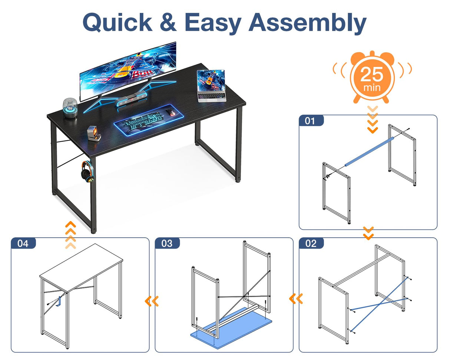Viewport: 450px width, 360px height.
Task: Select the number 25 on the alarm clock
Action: tap(372, 74)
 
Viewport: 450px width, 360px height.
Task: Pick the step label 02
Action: tap(311, 243)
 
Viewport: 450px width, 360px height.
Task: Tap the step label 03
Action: tap(167, 243)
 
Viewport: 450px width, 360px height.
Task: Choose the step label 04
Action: tap(23, 243)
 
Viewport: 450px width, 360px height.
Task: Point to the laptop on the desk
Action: tap(212, 86)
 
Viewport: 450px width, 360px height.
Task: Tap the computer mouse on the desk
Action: tap(171, 112)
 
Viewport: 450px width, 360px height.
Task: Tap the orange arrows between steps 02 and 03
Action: tap(296, 298)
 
